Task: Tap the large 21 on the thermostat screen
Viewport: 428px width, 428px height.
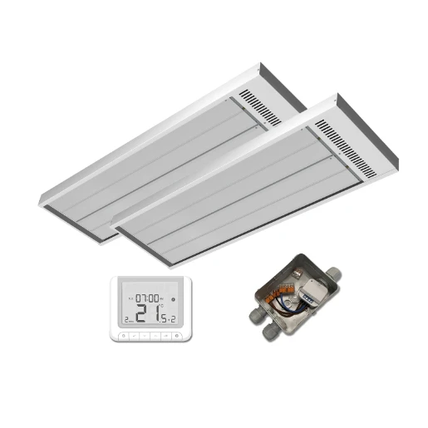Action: tap(149, 313)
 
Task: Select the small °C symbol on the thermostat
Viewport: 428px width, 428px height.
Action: tap(163, 306)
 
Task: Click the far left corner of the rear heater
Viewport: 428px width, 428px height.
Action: tap(40, 199)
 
